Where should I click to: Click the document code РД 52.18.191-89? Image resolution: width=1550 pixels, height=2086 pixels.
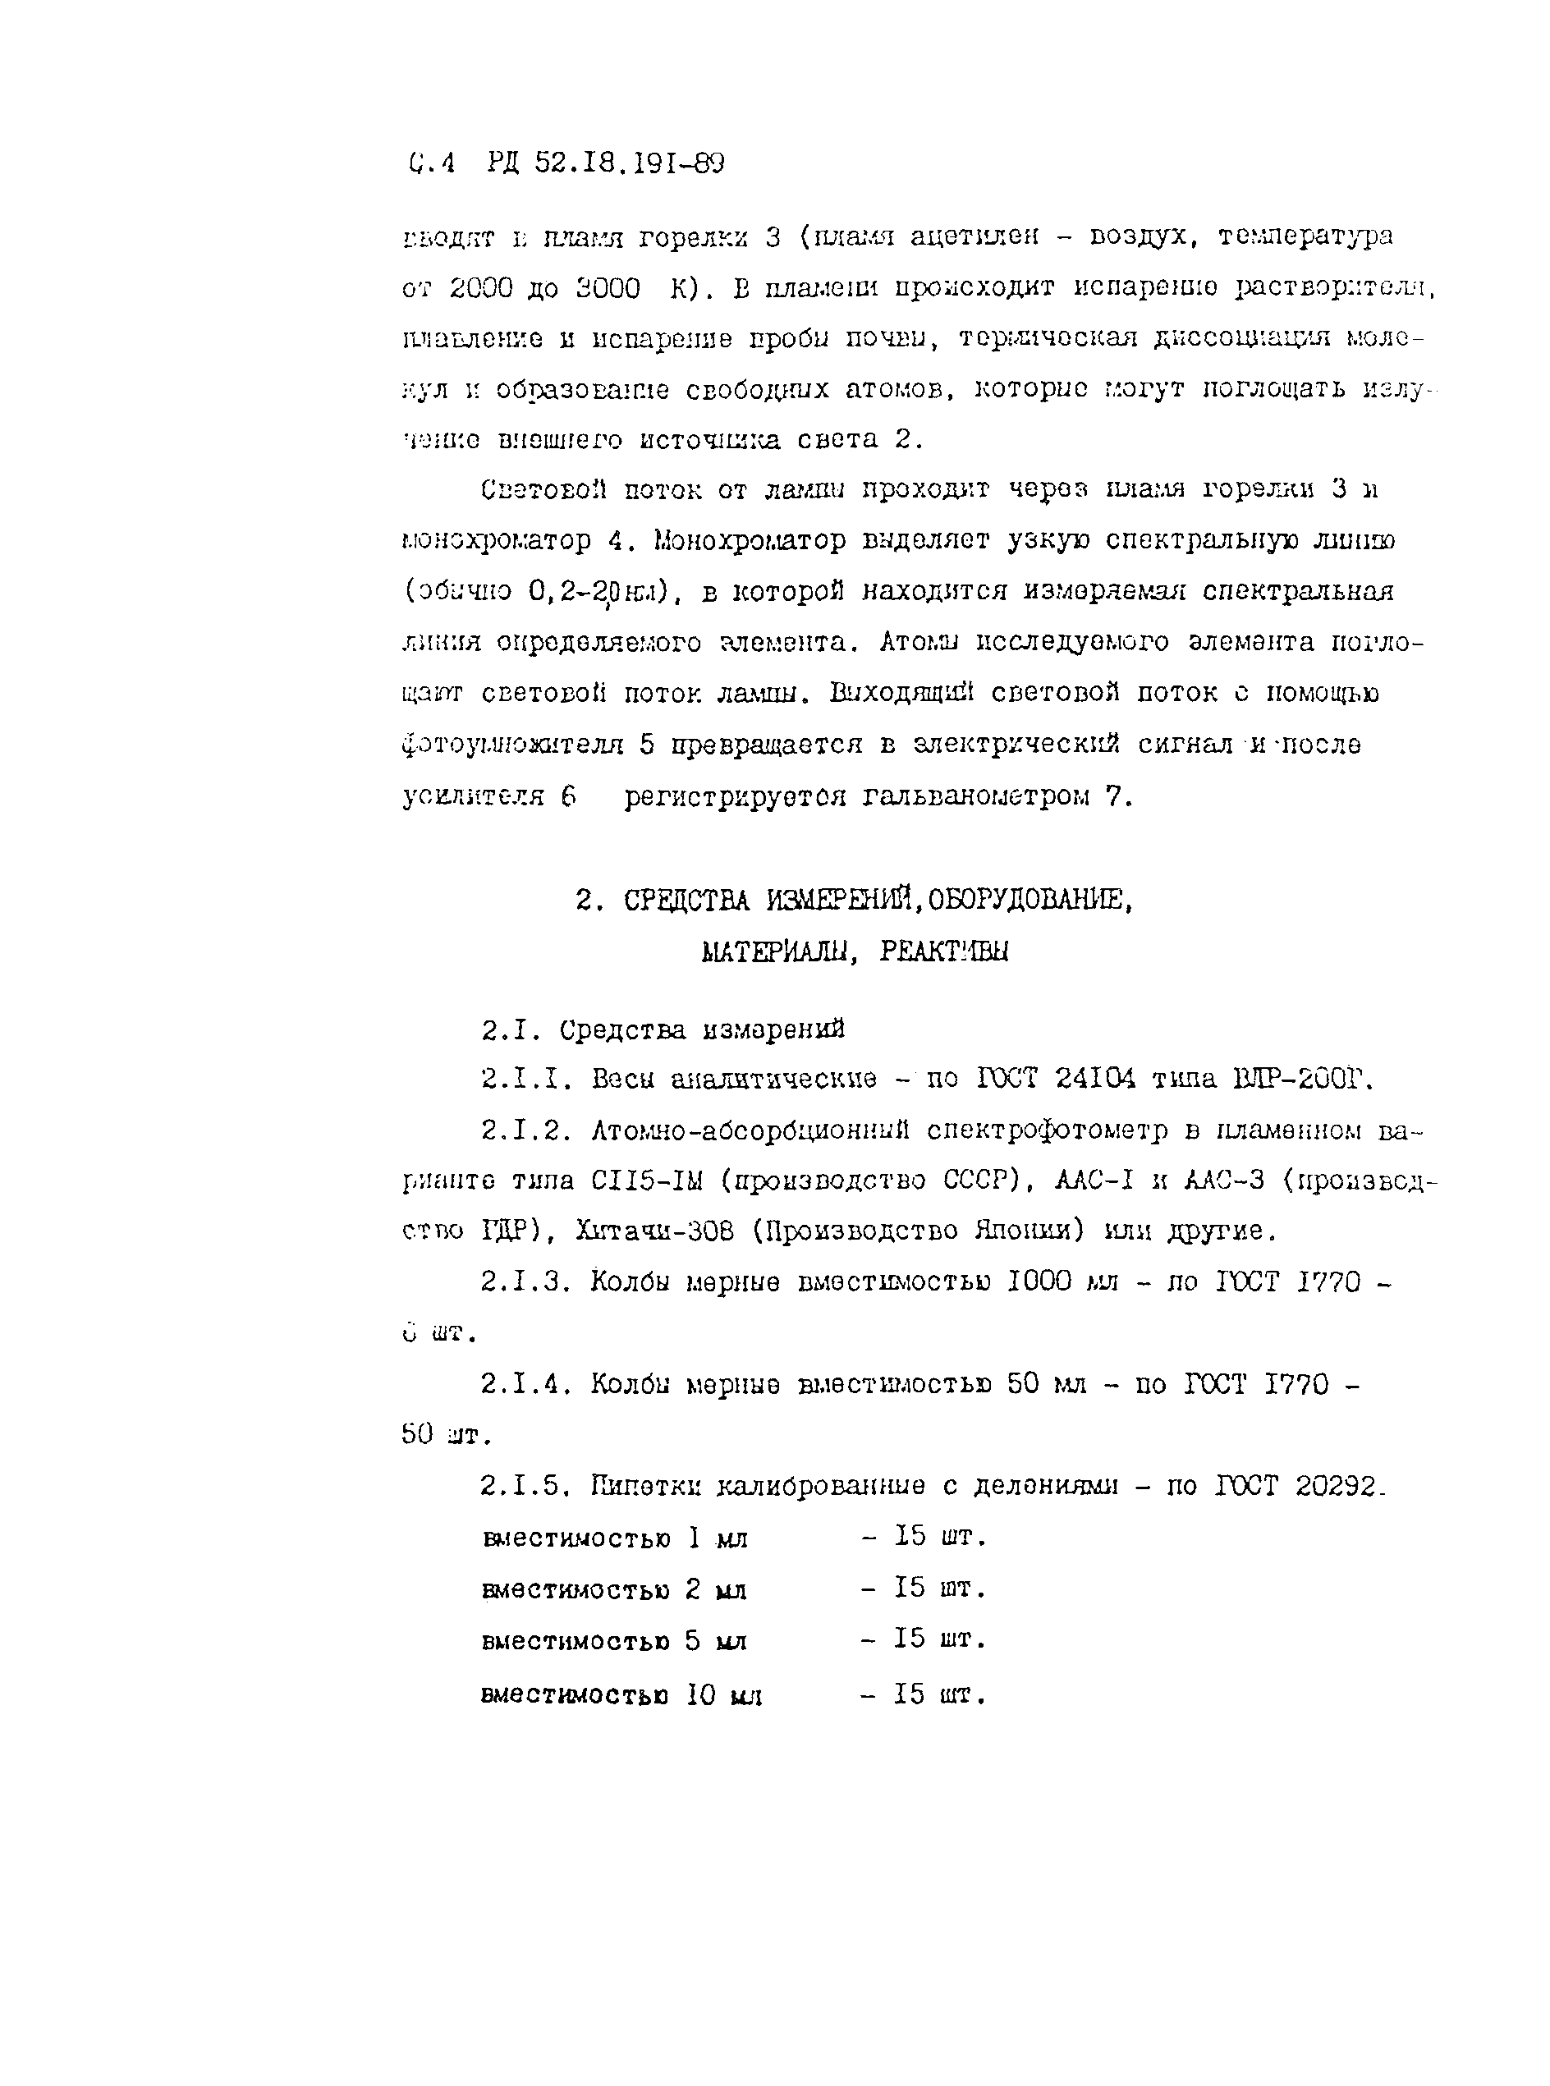pos(606,165)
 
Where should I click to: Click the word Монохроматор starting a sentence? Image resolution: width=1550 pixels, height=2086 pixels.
pos(730,541)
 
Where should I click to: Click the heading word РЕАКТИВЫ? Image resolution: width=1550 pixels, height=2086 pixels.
pos(945,952)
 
